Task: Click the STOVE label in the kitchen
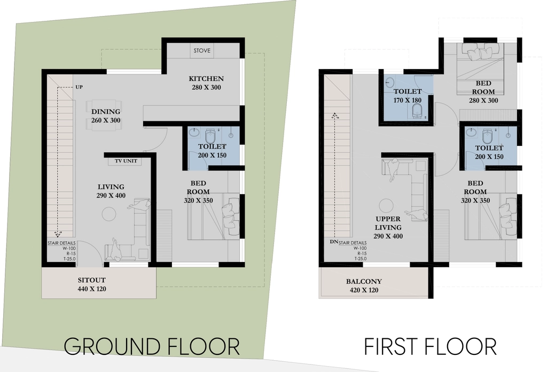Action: (x=202, y=51)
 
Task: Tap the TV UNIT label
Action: (x=126, y=161)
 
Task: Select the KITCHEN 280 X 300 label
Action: (x=206, y=83)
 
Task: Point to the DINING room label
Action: (x=106, y=112)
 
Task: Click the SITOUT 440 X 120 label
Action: (x=92, y=284)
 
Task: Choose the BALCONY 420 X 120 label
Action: (x=364, y=285)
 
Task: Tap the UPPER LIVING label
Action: (x=388, y=223)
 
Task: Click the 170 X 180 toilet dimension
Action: (x=408, y=100)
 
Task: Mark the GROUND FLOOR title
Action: (x=152, y=346)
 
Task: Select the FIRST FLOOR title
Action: (x=430, y=346)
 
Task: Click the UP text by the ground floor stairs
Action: (x=79, y=87)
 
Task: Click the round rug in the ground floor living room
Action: (x=108, y=214)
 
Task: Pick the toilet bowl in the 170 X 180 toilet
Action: (x=417, y=112)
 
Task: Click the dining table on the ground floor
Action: (x=105, y=115)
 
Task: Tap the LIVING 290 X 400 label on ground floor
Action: (x=111, y=191)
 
